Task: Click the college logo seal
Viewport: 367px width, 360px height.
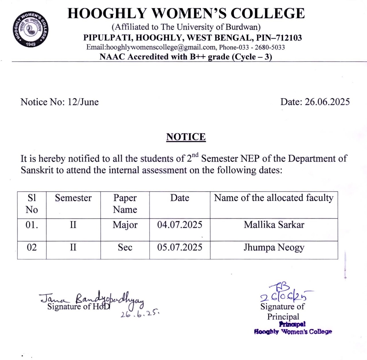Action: (x=30, y=29)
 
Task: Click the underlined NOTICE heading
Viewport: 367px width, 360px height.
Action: (x=186, y=137)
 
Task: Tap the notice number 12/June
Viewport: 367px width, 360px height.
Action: (x=83, y=102)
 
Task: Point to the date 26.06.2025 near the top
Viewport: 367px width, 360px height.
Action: (x=327, y=102)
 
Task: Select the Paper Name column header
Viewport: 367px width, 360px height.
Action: (x=125, y=204)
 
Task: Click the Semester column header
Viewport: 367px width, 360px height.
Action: (x=73, y=198)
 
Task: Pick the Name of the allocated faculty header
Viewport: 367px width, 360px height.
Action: (x=274, y=198)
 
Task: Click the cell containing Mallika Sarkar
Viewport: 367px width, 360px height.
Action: (x=274, y=225)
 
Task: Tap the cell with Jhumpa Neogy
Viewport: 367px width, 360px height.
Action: (x=274, y=247)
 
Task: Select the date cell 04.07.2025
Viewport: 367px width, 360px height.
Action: (x=180, y=225)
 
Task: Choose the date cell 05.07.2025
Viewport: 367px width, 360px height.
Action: (x=180, y=247)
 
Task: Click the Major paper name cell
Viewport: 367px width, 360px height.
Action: (x=125, y=225)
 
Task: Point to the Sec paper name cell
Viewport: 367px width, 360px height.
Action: (x=125, y=247)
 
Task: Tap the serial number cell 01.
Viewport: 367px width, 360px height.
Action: (x=32, y=225)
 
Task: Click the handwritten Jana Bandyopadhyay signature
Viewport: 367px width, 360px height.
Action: (x=92, y=299)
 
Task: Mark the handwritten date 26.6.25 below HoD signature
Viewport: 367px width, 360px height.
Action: (x=140, y=314)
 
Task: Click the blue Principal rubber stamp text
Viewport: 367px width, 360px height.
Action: (x=293, y=328)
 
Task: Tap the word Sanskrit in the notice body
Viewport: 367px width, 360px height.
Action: (x=37, y=170)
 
